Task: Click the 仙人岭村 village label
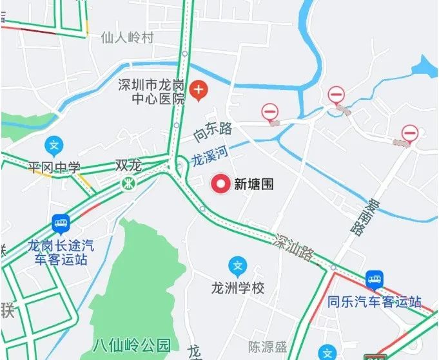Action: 128,38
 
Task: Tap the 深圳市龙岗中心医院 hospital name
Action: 153,92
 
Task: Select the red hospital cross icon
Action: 199,91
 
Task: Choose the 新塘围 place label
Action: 253,185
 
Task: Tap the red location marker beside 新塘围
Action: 221,185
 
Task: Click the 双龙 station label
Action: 128,166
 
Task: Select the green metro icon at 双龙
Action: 130,184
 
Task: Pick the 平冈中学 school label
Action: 54,168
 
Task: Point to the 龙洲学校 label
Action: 238,288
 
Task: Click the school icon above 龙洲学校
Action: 238,265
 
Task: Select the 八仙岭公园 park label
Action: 132,345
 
